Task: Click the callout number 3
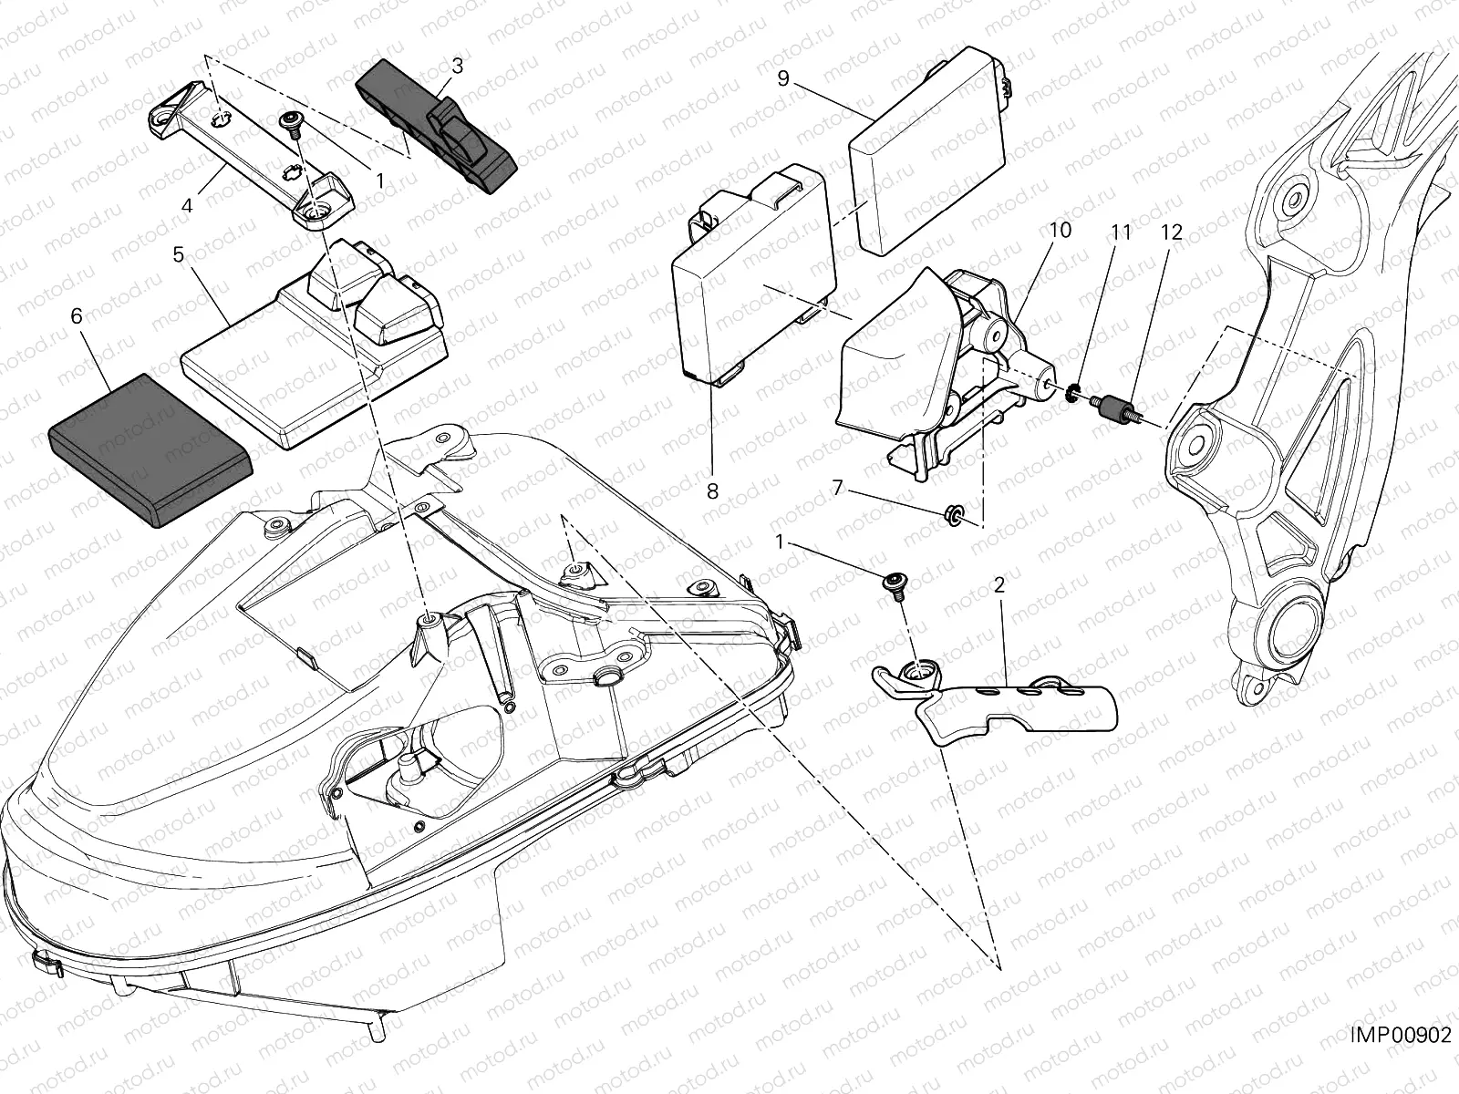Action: tap(457, 66)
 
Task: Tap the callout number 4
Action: tap(187, 205)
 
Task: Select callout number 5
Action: tap(179, 254)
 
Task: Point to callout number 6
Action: tap(76, 316)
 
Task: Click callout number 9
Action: tap(782, 77)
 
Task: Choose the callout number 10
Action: tap(1060, 231)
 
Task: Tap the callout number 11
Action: tap(1121, 232)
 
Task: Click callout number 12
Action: tap(1172, 232)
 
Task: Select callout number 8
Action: tap(711, 490)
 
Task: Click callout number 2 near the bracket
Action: tap(999, 585)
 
